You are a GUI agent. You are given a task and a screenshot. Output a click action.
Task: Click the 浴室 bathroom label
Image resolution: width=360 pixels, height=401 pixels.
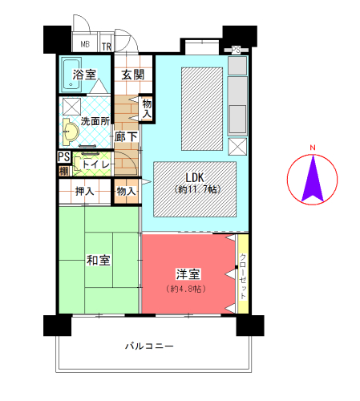pos(84,75)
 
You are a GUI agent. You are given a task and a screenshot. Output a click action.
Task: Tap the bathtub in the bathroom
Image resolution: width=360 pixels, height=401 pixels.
pos(71,75)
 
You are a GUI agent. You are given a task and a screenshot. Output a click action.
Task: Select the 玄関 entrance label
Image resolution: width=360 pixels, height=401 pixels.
pos(133,75)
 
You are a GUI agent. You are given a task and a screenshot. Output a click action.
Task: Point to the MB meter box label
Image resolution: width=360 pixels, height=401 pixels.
pos(85,44)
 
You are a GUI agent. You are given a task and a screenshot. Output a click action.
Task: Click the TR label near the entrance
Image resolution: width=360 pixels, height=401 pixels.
pos(107,47)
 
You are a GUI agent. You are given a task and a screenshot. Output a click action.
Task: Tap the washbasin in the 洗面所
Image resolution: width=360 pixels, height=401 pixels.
pos(71,132)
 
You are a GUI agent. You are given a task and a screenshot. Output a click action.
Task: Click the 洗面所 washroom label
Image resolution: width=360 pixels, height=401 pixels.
pos(95,121)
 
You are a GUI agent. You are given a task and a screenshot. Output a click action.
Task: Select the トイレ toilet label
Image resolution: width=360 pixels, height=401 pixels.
pos(95,164)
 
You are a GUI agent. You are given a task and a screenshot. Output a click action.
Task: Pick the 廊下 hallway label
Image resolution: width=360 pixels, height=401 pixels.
pos(126,137)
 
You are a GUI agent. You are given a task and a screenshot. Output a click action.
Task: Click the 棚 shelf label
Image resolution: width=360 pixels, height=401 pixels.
pos(63,171)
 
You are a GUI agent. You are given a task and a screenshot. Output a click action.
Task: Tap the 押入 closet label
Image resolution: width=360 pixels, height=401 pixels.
pos(84,192)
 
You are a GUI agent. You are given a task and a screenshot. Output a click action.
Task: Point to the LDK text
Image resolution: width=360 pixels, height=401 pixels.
pos(195,177)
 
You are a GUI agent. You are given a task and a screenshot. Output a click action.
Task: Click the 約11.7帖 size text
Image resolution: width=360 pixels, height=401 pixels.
pos(197,189)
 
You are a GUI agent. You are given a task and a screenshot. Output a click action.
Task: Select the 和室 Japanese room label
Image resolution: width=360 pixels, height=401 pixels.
pos(99,261)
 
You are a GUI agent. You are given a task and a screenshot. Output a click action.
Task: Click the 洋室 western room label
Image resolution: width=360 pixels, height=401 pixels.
pos(188,274)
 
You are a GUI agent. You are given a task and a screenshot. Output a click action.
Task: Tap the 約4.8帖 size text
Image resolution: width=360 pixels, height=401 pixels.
pos(186,289)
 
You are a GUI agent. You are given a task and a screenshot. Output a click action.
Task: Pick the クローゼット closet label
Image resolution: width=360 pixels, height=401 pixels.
pos(243,277)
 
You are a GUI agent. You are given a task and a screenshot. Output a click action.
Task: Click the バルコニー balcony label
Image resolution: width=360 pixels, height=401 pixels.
pos(149,346)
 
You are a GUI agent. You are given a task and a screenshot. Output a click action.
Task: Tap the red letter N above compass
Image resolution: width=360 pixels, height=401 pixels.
pos(313,148)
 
